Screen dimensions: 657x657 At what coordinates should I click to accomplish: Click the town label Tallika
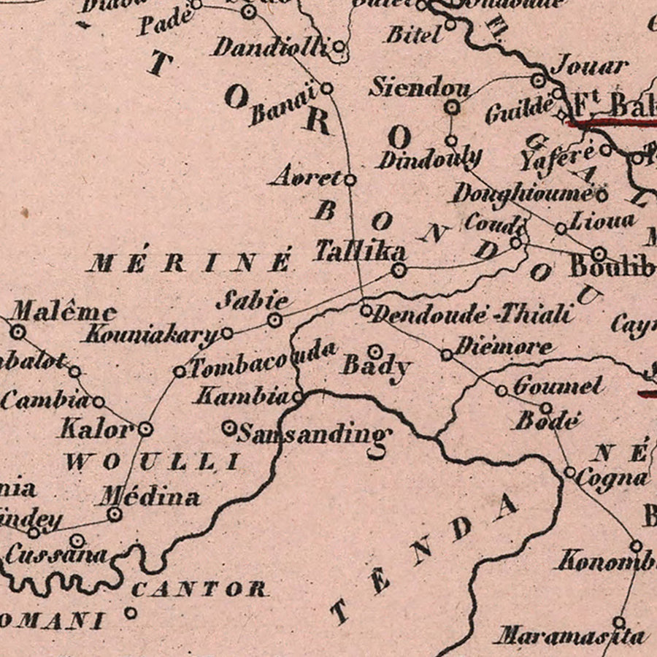pyautogui.click(x=359, y=250)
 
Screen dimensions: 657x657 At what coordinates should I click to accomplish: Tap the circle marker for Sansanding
pyautogui.click(x=229, y=427)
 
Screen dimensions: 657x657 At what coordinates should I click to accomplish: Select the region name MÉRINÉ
pyautogui.click(x=190, y=262)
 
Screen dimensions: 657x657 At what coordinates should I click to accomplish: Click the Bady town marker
pyautogui.click(x=374, y=352)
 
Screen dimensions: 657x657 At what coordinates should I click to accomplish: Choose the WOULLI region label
pyautogui.click(x=153, y=461)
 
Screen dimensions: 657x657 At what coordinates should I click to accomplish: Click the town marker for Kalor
pyautogui.click(x=145, y=429)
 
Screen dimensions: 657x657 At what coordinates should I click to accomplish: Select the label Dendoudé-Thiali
pyautogui.click(x=471, y=315)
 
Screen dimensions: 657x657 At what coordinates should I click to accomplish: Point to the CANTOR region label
pyautogui.click(x=199, y=588)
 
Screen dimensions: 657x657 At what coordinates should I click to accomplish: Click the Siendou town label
pyautogui.click(x=419, y=88)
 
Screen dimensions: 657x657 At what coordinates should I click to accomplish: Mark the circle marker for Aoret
pyautogui.click(x=350, y=179)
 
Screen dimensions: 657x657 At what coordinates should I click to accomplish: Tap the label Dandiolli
pyautogui.click(x=271, y=48)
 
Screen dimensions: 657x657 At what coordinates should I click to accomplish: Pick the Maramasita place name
pyautogui.click(x=569, y=636)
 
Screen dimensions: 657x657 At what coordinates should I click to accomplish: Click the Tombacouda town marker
pyautogui.click(x=180, y=372)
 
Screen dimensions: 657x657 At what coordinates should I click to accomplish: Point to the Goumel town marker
pyautogui.click(x=502, y=391)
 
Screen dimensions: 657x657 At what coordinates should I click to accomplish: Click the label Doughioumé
pyautogui.click(x=522, y=193)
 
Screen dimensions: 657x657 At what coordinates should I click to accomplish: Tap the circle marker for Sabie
pyautogui.click(x=274, y=320)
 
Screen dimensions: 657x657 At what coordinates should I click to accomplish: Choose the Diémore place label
pyautogui.click(x=504, y=346)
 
